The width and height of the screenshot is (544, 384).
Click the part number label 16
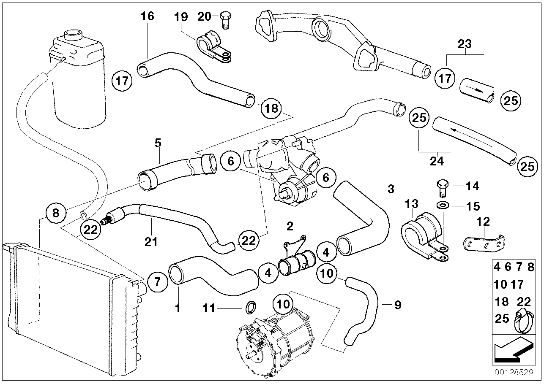(x=148, y=16)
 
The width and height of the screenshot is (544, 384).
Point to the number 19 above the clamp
(x=181, y=16)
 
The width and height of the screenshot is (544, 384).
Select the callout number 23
(x=465, y=44)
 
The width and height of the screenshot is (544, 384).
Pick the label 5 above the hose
(x=158, y=143)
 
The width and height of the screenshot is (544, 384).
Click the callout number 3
(x=391, y=189)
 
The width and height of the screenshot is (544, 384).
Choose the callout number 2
(x=290, y=226)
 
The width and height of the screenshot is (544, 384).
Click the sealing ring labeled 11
(x=251, y=306)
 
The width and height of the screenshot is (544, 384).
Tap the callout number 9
(x=397, y=305)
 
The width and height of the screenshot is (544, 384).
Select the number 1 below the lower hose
(x=178, y=308)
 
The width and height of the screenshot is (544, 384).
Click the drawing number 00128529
(x=514, y=373)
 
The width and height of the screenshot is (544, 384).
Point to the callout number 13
(x=411, y=204)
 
